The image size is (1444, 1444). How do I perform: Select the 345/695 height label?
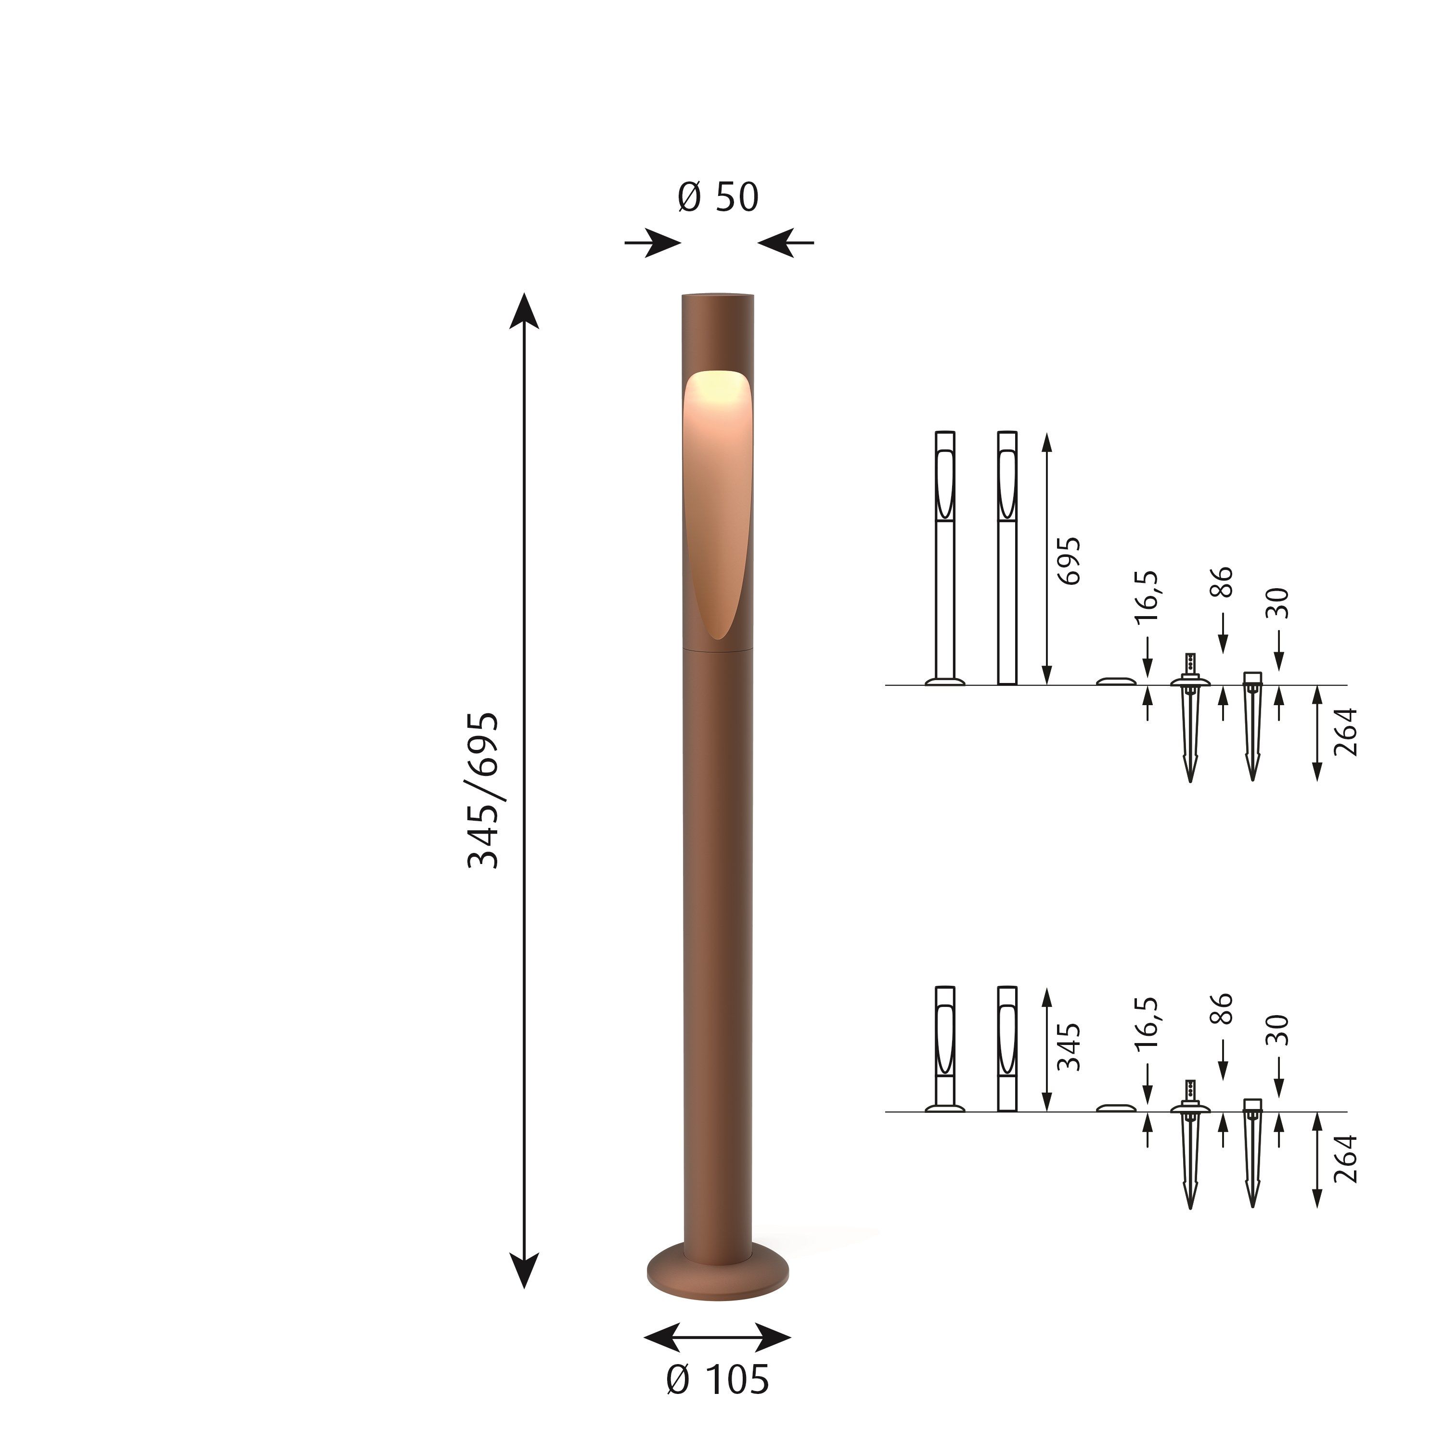[x=483, y=790]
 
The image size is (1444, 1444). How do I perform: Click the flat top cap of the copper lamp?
[x=718, y=295]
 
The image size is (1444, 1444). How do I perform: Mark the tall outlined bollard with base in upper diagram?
[x=945, y=557]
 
